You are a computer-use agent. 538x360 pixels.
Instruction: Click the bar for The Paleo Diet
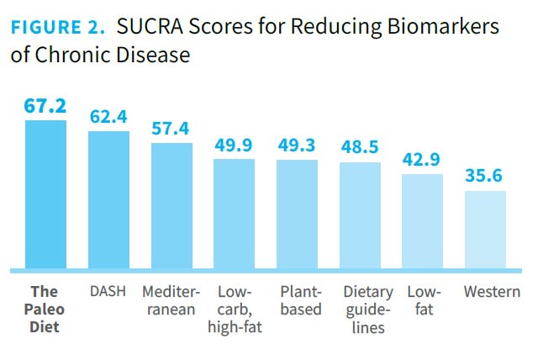click(x=45, y=194)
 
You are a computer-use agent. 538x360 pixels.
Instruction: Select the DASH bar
click(x=108, y=200)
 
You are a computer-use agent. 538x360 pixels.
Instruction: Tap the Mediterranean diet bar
click(x=171, y=206)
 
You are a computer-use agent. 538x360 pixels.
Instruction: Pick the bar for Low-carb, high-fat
click(x=234, y=214)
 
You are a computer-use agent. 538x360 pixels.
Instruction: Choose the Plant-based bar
click(x=297, y=214)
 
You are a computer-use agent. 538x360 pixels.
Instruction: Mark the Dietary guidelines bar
click(x=360, y=215)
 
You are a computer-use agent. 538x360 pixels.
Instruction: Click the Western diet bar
click(x=485, y=230)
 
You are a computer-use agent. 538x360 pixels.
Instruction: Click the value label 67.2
click(x=45, y=107)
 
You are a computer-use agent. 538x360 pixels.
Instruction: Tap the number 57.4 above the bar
click(x=171, y=130)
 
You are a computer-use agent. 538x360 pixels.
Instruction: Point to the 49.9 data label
click(x=234, y=145)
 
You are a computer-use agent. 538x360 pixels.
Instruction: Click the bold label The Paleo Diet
click(x=45, y=310)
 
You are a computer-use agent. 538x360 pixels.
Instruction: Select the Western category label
click(x=492, y=292)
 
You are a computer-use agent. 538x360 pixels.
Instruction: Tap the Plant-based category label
click(x=300, y=300)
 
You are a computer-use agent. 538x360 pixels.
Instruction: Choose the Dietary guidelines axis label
click(x=367, y=310)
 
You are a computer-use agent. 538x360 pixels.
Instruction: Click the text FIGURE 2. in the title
click(x=57, y=27)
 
